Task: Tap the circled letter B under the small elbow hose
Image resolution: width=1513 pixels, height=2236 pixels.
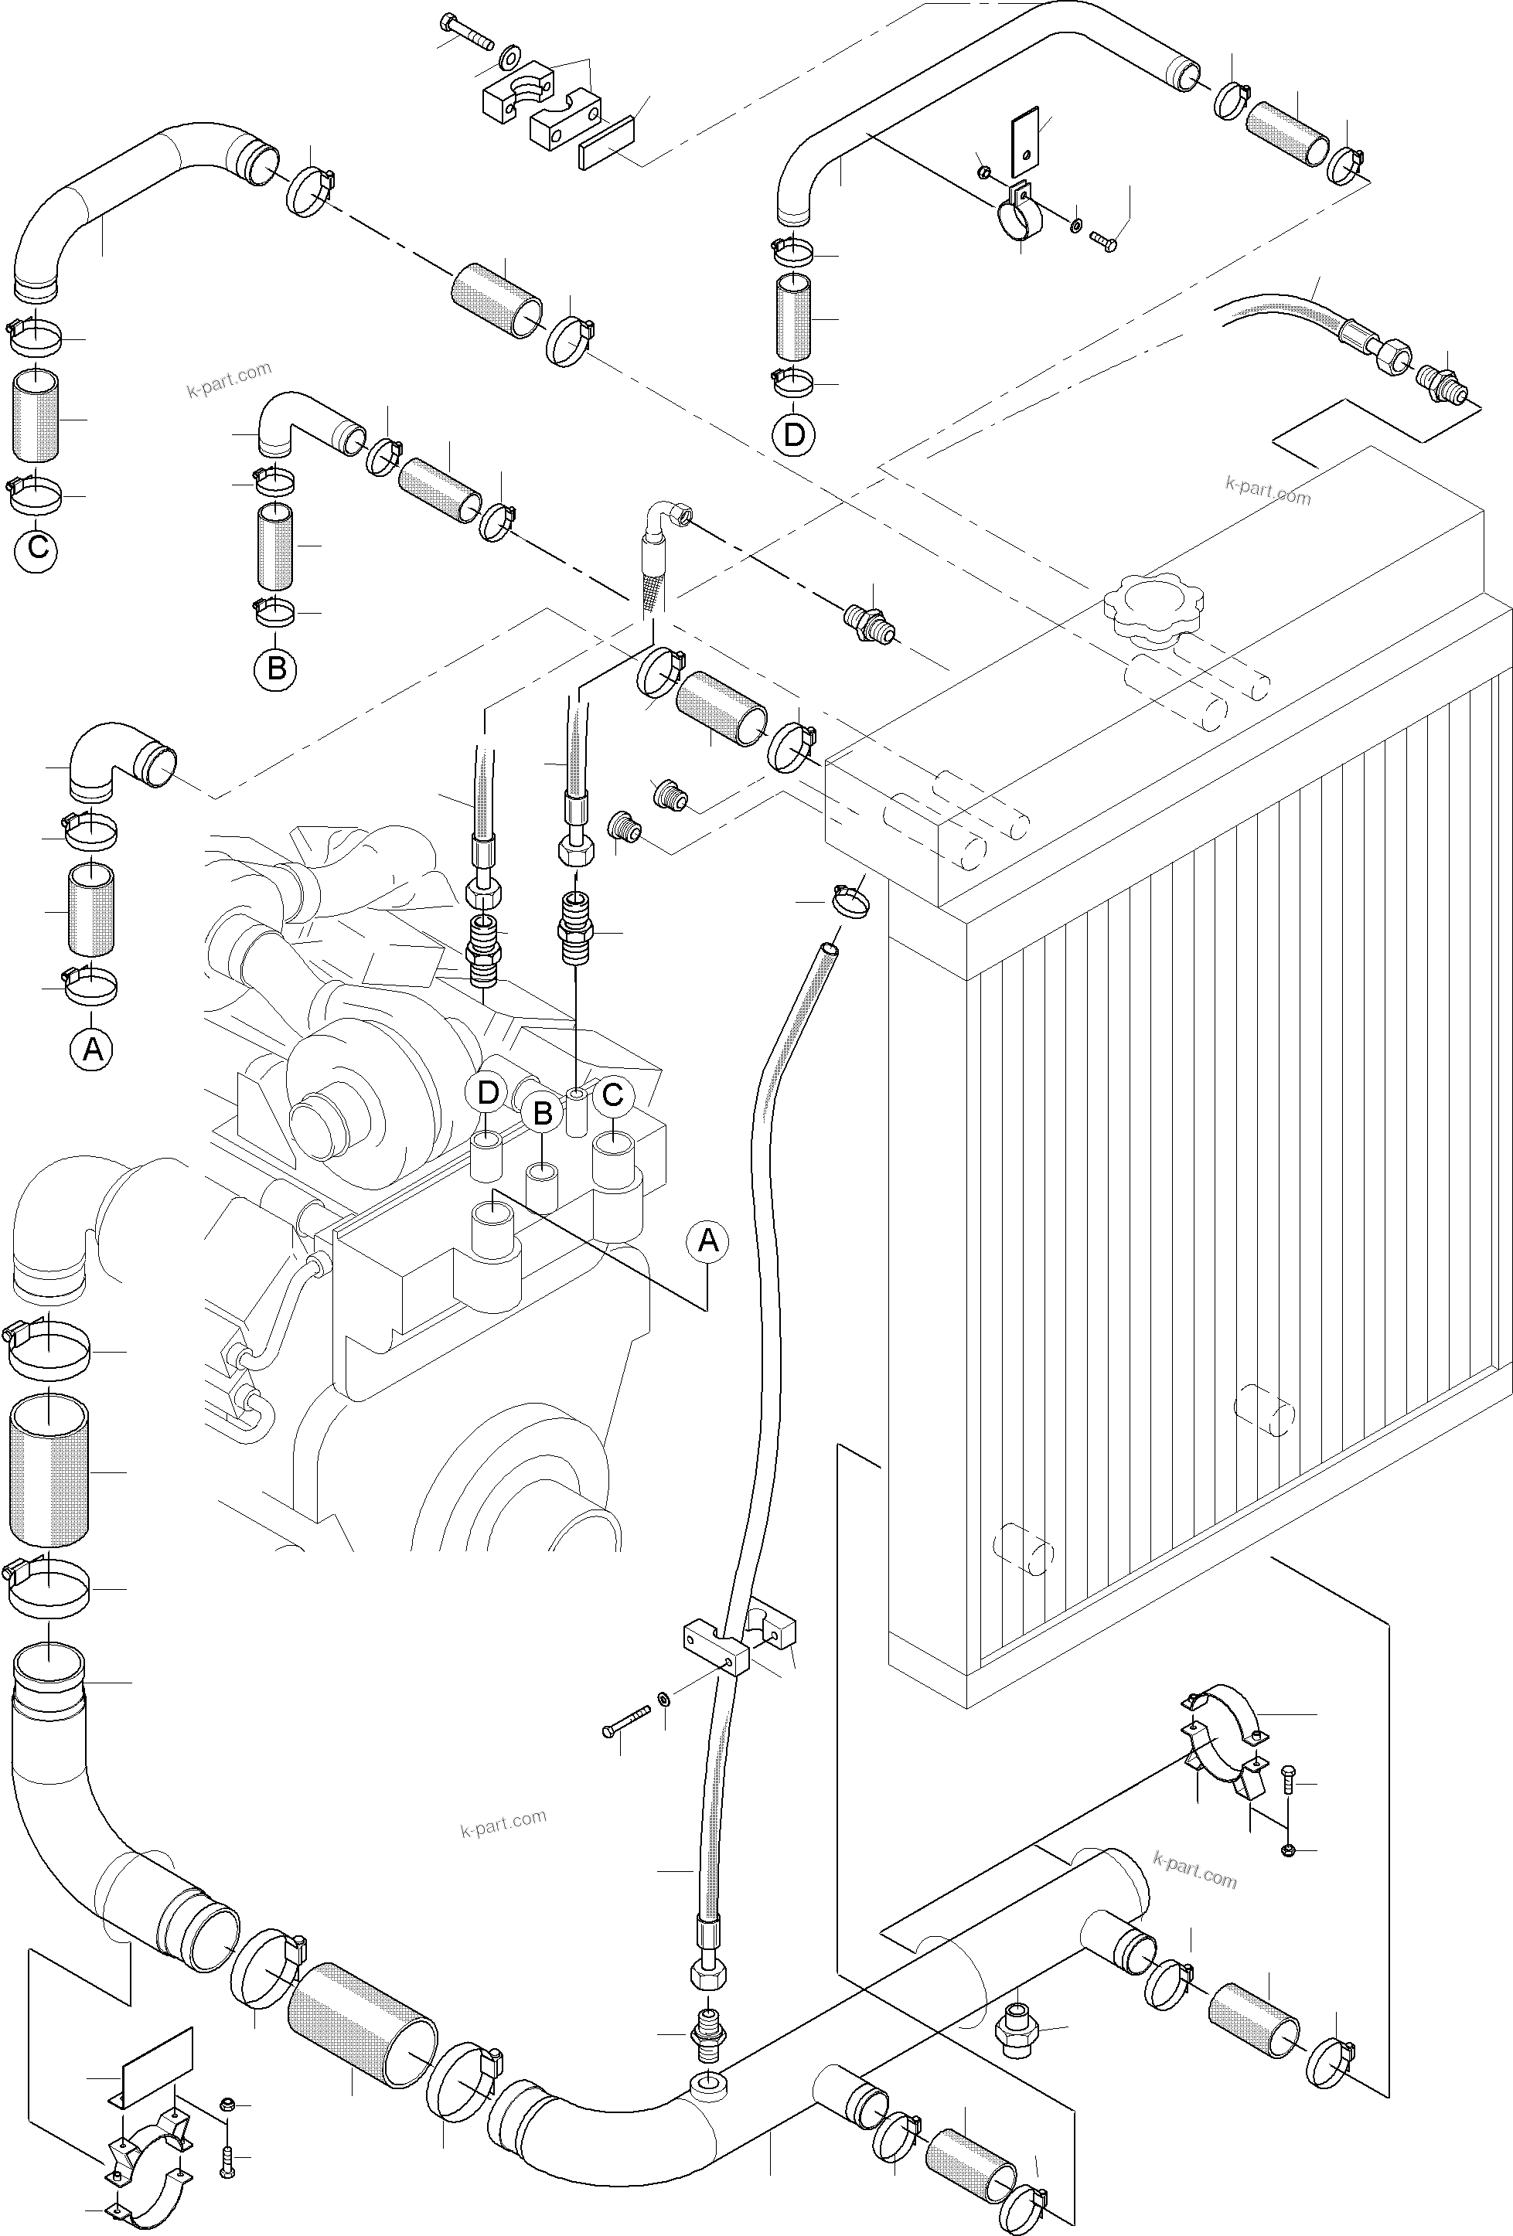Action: [276, 667]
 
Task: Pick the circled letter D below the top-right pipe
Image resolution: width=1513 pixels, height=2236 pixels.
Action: [794, 435]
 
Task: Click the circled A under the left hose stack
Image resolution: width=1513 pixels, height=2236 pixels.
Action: [93, 1049]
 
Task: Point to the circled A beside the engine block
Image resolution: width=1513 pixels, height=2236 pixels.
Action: [707, 1241]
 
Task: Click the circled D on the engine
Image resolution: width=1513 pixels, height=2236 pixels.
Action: [489, 1093]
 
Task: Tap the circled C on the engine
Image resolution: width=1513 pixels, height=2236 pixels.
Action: [612, 1095]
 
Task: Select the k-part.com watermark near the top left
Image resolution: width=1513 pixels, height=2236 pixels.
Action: [229, 379]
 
